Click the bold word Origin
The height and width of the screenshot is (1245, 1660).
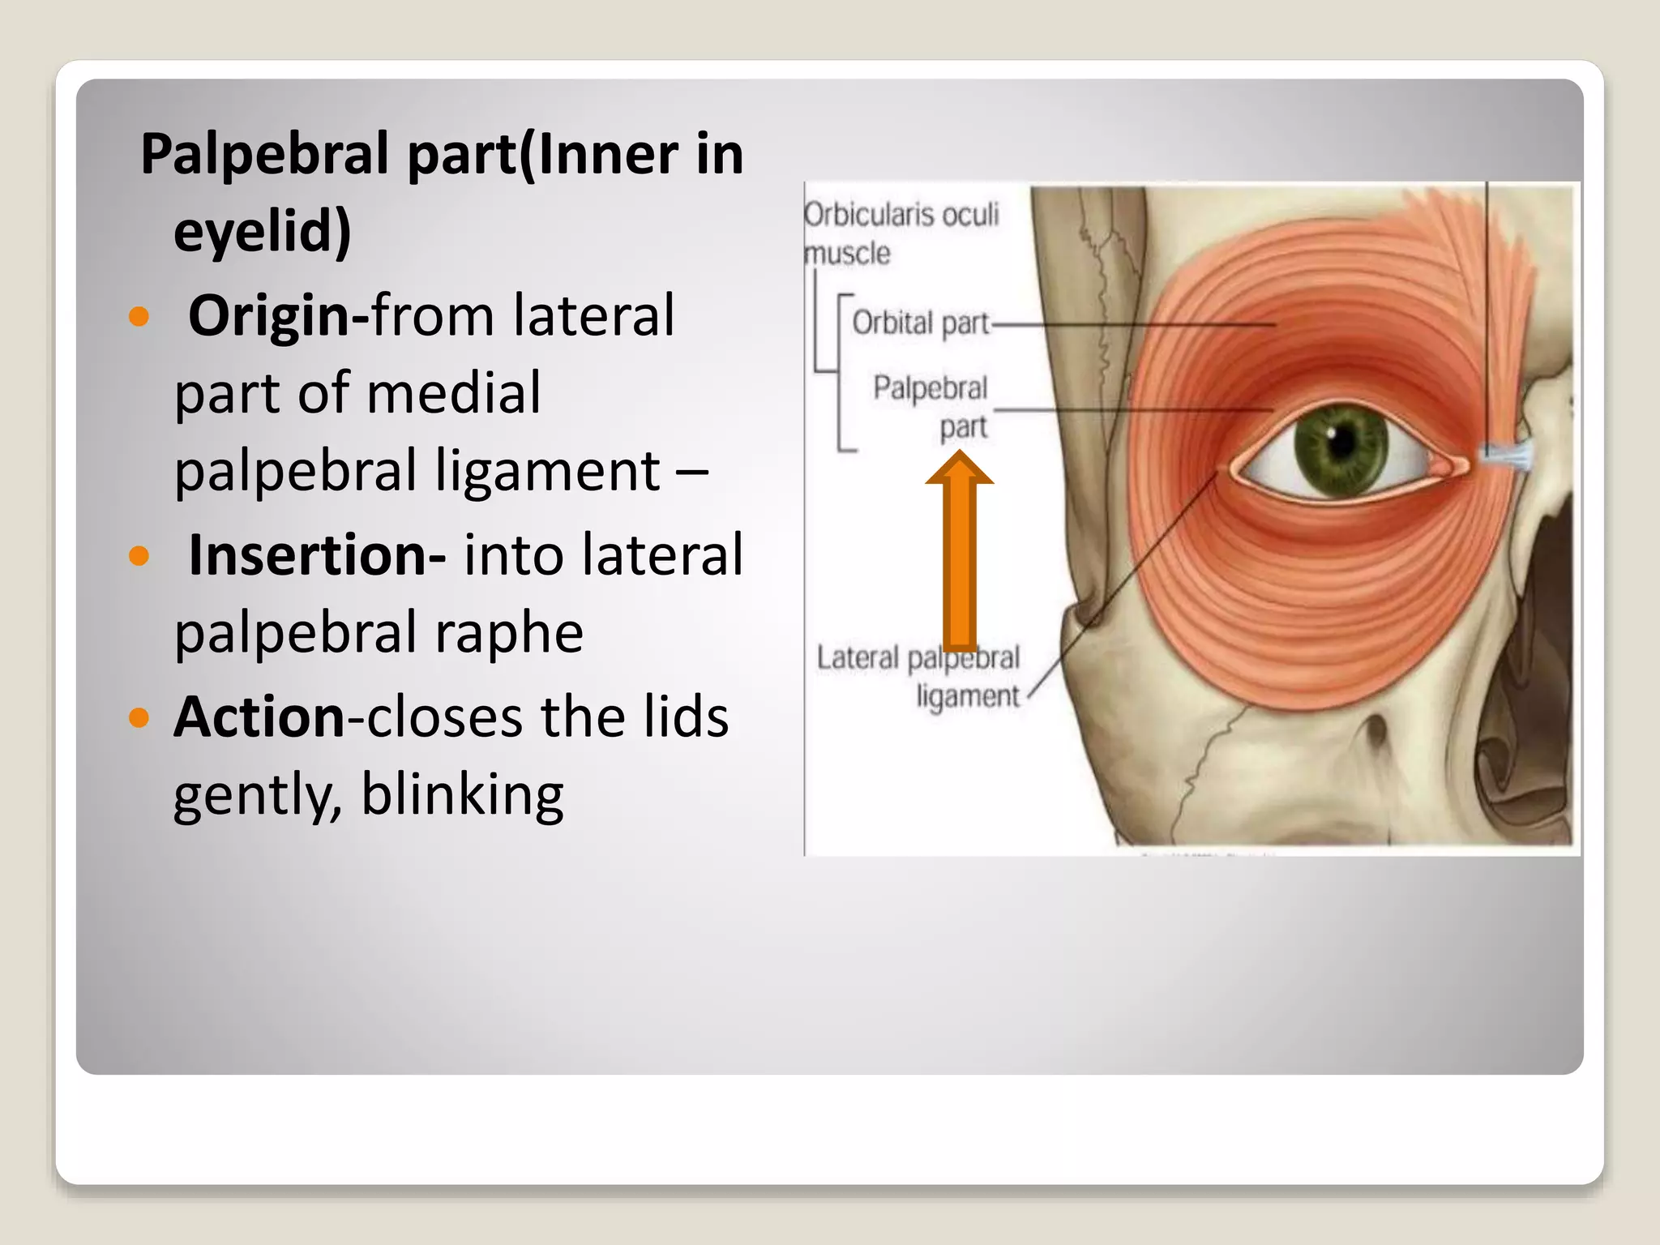point(268,315)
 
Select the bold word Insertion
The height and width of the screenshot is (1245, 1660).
point(306,555)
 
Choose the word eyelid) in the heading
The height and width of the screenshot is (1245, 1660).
point(263,231)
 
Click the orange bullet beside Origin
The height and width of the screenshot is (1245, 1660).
point(139,315)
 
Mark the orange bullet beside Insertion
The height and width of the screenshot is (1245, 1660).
point(139,556)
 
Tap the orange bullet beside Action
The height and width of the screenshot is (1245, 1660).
point(139,717)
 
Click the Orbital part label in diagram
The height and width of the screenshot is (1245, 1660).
point(920,323)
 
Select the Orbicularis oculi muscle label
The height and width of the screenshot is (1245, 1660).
point(900,233)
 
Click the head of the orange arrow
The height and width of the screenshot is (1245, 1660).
point(960,470)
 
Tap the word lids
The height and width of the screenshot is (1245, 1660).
point(687,717)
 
